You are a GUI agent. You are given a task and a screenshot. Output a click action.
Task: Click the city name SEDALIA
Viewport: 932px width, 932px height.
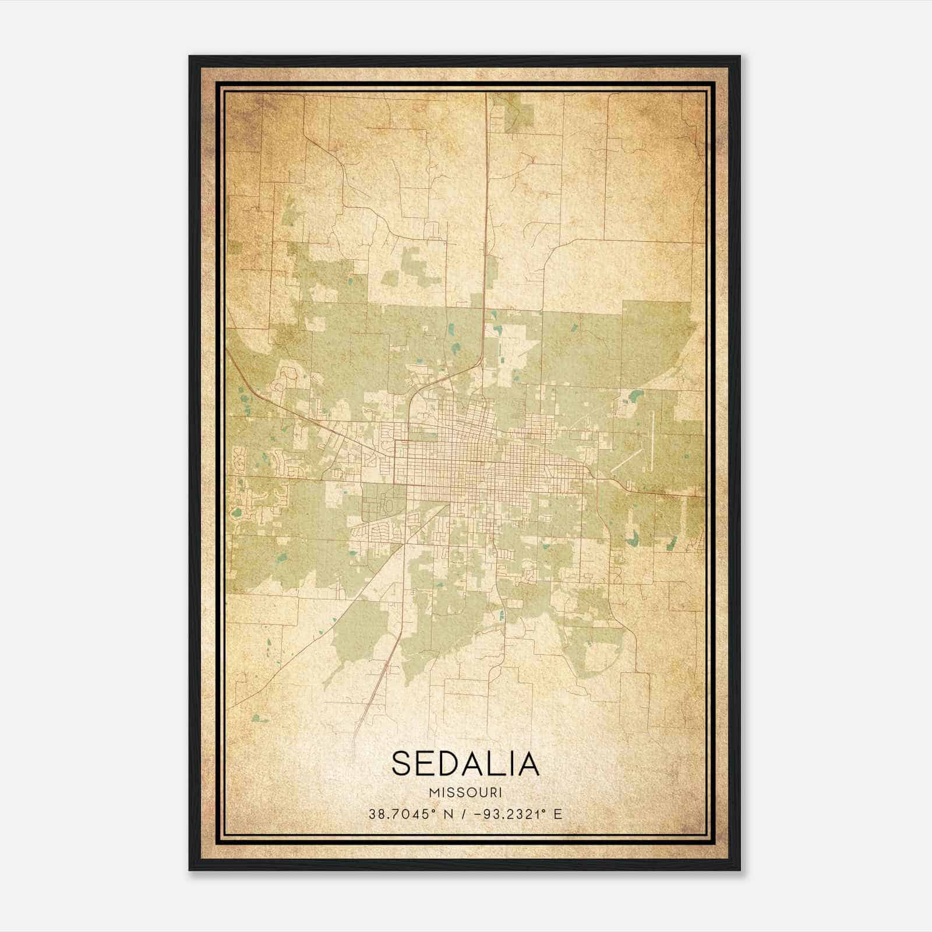465,764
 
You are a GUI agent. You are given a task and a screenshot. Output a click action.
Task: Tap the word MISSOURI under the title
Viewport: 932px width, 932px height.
465,792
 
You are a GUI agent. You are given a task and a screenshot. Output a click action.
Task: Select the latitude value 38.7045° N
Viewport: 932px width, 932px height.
403,814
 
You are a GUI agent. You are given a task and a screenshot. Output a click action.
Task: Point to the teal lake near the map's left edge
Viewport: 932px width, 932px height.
236,513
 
